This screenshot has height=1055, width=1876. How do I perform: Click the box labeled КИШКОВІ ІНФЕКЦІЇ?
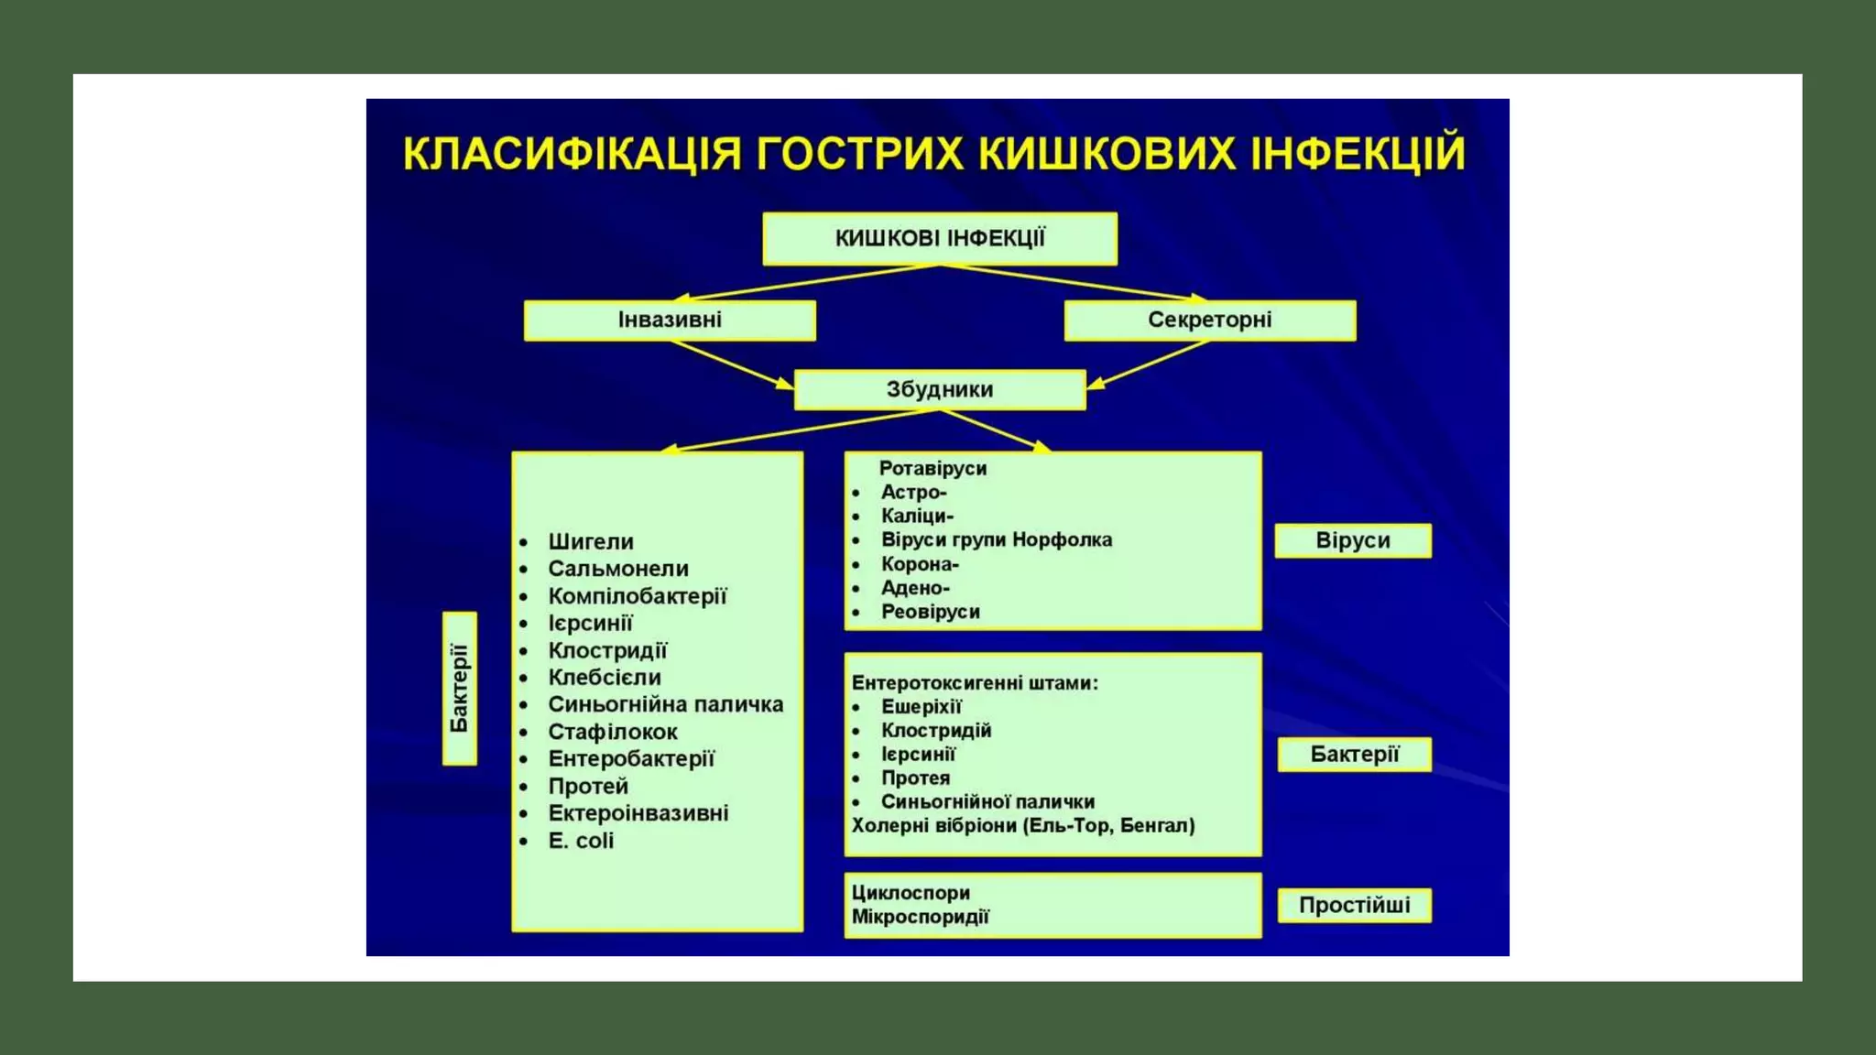click(x=939, y=239)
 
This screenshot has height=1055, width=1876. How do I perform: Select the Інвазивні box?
click(x=670, y=321)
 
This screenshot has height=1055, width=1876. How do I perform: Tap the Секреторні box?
click(x=1209, y=321)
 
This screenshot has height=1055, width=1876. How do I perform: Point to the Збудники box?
click(x=939, y=390)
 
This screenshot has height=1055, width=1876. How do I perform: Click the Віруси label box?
click(x=1352, y=540)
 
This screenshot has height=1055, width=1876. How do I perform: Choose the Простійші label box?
click(x=1354, y=906)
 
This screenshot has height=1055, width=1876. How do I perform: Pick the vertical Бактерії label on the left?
click(x=459, y=689)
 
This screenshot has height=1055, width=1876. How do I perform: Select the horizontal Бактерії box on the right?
click(x=1354, y=755)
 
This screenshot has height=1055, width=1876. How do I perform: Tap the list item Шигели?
click(x=591, y=542)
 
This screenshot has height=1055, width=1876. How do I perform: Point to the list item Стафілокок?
click(x=612, y=733)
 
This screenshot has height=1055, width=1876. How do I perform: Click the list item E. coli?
click(x=581, y=841)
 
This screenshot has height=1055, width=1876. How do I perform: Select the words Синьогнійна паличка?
click(x=665, y=705)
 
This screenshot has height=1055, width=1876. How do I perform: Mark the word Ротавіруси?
click(x=933, y=469)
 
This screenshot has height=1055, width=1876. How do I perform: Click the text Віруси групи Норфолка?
click(x=996, y=540)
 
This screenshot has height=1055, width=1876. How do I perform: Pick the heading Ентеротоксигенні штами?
click(x=975, y=683)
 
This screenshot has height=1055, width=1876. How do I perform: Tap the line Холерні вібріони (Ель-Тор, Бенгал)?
click(x=1022, y=826)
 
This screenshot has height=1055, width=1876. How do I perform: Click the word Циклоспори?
click(x=911, y=893)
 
